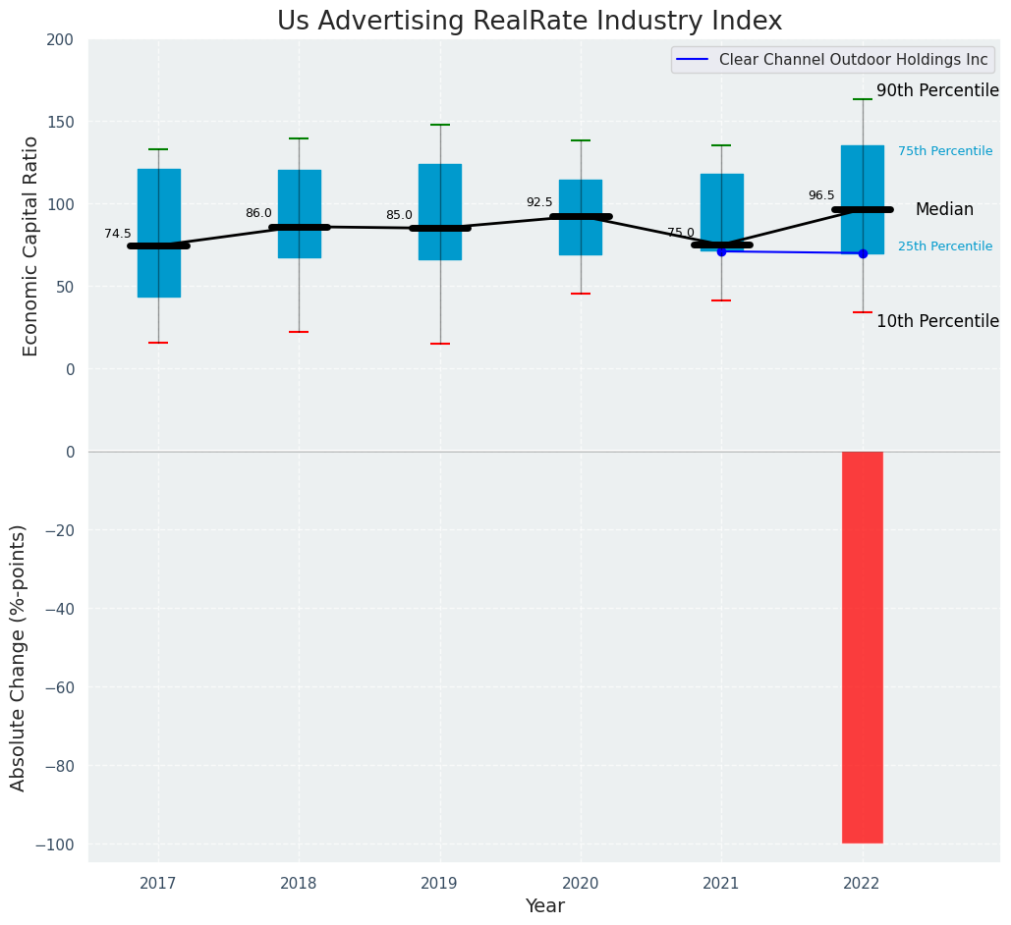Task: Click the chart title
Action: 530,22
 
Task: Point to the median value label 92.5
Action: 539,202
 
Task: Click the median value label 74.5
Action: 118,234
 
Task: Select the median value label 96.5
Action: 821,195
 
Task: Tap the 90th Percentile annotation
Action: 937,90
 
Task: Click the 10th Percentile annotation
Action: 937,321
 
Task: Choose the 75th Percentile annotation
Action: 945,151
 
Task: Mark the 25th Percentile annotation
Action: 945,246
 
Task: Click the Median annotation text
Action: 944,209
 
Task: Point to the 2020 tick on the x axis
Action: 580,884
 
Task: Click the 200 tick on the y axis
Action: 60,39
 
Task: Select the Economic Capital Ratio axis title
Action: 30,245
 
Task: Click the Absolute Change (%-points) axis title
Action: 19,657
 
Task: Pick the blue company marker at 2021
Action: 721,251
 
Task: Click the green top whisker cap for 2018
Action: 299,138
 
